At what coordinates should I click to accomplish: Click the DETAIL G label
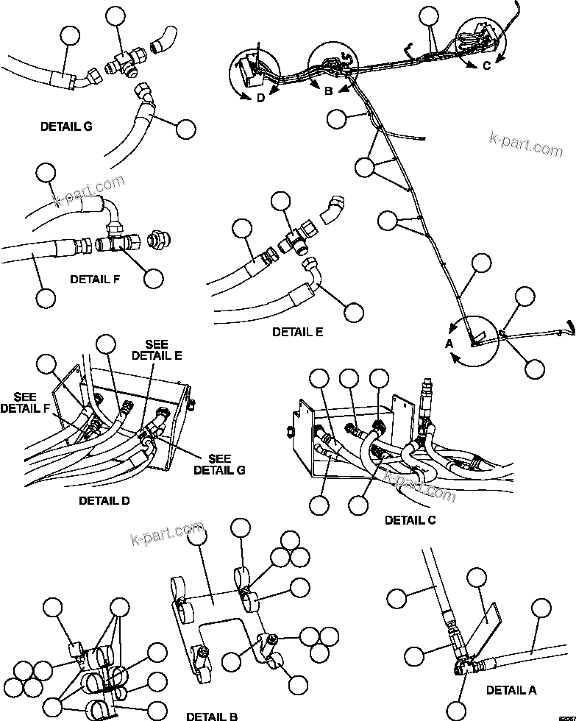66,127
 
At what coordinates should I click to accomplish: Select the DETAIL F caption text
95,280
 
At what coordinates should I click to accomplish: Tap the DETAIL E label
297,332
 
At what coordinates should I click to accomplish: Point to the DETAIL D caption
104,501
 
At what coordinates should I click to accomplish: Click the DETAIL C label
410,520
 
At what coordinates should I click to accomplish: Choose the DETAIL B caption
212,715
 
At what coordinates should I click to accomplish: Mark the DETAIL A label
511,691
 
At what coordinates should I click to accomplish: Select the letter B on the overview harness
329,90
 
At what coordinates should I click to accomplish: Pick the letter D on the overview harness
260,100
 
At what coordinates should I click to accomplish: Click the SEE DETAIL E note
156,350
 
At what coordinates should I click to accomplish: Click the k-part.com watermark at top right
525,144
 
